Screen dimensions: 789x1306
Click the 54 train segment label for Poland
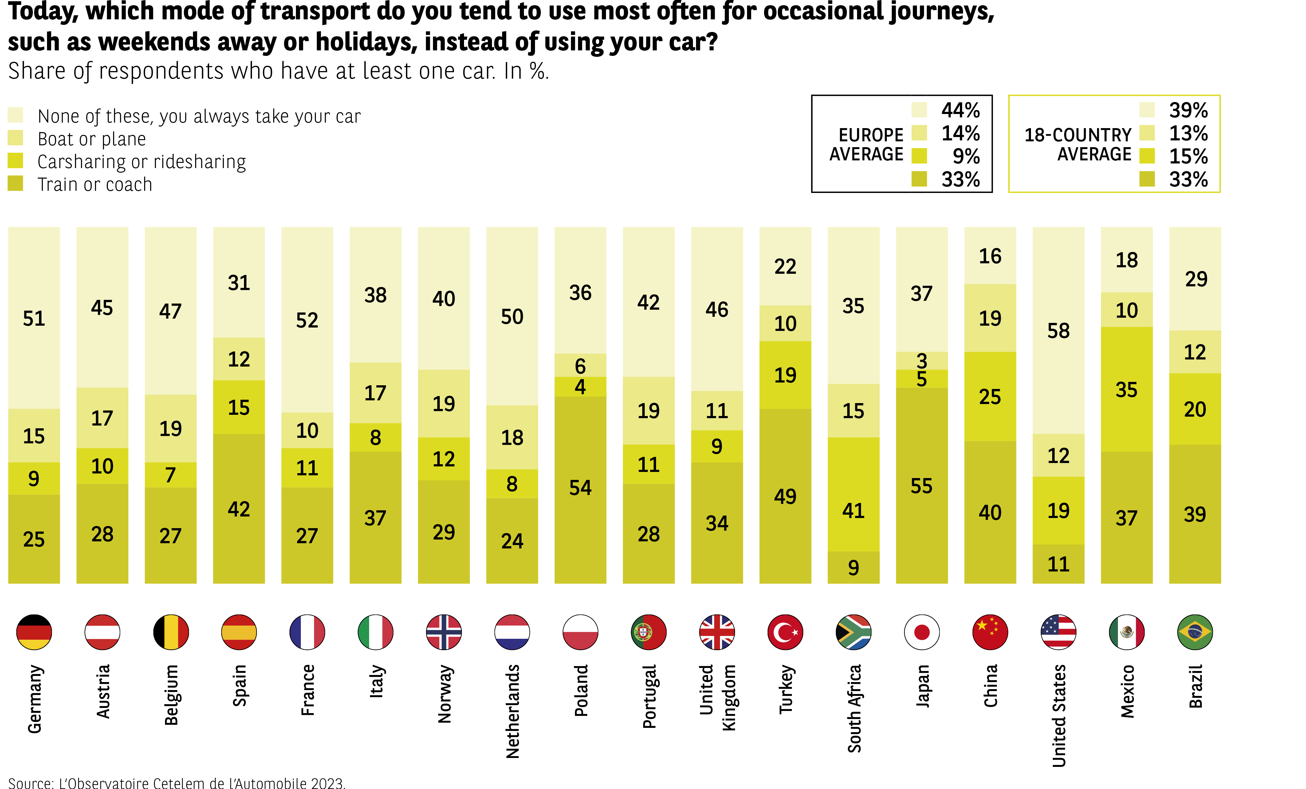point(580,488)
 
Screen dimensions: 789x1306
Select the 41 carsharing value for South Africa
point(853,511)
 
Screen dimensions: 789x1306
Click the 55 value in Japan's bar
point(922,486)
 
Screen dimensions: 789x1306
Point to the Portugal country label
point(649,696)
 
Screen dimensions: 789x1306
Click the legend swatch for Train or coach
point(15,183)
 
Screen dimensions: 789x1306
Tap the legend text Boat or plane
point(92,139)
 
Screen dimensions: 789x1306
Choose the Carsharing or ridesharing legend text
point(142,162)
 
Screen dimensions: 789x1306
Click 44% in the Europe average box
point(960,110)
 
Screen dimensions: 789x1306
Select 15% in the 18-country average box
point(1188,156)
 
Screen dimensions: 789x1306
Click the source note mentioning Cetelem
point(176,783)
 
